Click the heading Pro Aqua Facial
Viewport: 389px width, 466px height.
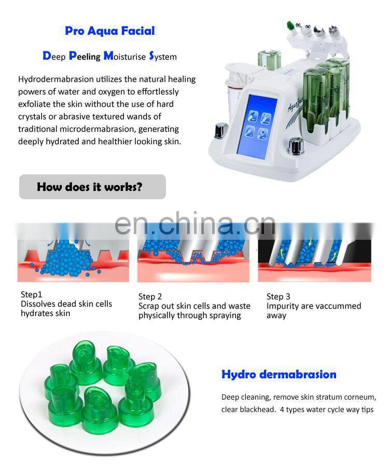(109, 31)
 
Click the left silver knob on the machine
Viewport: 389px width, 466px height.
(221, 129)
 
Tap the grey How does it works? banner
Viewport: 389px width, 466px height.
(92, 187)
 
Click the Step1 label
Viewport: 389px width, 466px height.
(32, 294)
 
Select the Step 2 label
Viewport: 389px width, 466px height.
(150, 296)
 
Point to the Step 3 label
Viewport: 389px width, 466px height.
(278, 296)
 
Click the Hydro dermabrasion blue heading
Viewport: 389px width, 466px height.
(279, 374)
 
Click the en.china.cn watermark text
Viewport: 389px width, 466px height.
(194, 224)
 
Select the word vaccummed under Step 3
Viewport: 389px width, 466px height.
(334, 306)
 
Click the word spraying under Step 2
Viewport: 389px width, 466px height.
(225, 315)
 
